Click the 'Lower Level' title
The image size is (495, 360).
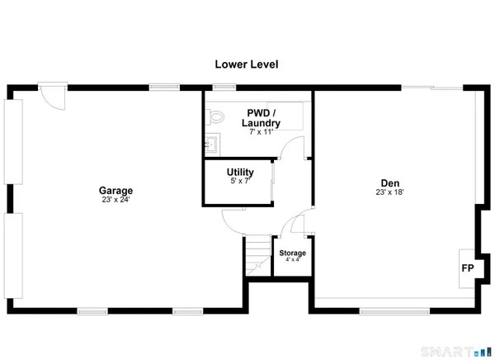click(x=247, y=64)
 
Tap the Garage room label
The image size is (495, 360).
click(x=115, y=190)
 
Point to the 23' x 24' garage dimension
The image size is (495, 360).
click(x=115, y=199)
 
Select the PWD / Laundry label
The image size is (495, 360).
click(x=261, y=117)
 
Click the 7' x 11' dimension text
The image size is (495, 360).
click(x=261, y=132)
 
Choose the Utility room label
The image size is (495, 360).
click(x=240, y=172)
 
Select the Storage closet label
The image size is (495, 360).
click(x=292, y=253)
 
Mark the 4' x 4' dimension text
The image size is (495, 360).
click(x=292, y=260)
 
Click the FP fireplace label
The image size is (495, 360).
click(x=467, y=268)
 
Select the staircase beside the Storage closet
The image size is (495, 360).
click(x=257, y=256)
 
